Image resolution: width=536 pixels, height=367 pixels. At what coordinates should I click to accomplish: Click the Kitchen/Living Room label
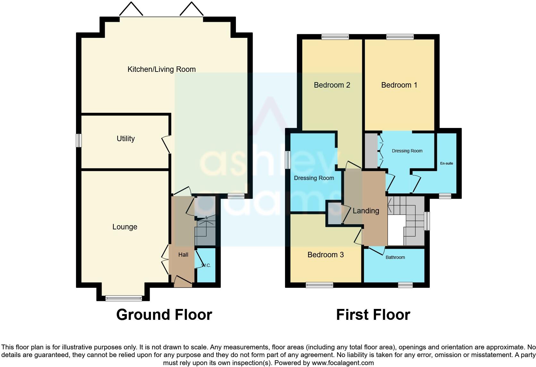pos(161,69)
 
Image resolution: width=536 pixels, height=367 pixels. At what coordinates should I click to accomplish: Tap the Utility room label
pos(125,139)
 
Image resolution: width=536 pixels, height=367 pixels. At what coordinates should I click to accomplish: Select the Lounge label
pos(125,227)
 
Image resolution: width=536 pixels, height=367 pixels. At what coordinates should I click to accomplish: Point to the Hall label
pos(183,255)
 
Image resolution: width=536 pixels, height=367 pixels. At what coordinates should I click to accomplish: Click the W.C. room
pos(206,266)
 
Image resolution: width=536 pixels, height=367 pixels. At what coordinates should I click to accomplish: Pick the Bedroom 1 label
pos(399,85)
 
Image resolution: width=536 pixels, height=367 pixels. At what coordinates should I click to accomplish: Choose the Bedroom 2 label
pos(332,85)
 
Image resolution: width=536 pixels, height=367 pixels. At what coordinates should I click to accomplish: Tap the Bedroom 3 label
pos(325,255)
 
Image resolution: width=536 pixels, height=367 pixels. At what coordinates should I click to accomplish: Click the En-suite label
pos(446,163)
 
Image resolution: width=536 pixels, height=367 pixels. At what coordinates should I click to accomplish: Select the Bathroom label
pos(395,257)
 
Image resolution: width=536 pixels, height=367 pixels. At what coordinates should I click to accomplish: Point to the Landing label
pos(366,211)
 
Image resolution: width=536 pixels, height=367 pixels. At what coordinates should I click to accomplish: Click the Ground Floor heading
pos(164,315)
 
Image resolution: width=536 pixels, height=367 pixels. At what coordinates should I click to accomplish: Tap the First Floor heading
pos(373,315)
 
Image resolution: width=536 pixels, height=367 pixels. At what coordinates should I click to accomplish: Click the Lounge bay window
pos(123,298)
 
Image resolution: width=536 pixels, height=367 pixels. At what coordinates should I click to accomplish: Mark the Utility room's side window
pos(79,140)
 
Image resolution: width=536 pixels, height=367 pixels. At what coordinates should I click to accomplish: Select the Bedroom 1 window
pos(400,37)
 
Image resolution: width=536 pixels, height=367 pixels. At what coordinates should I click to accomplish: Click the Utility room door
pos(166,145)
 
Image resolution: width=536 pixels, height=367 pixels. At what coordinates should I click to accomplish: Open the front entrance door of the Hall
pos(183,280)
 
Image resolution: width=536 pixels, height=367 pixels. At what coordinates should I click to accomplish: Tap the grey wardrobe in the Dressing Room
pos(371,151)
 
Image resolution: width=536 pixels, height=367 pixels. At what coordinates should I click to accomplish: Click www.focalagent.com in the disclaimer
pos(343,363)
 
